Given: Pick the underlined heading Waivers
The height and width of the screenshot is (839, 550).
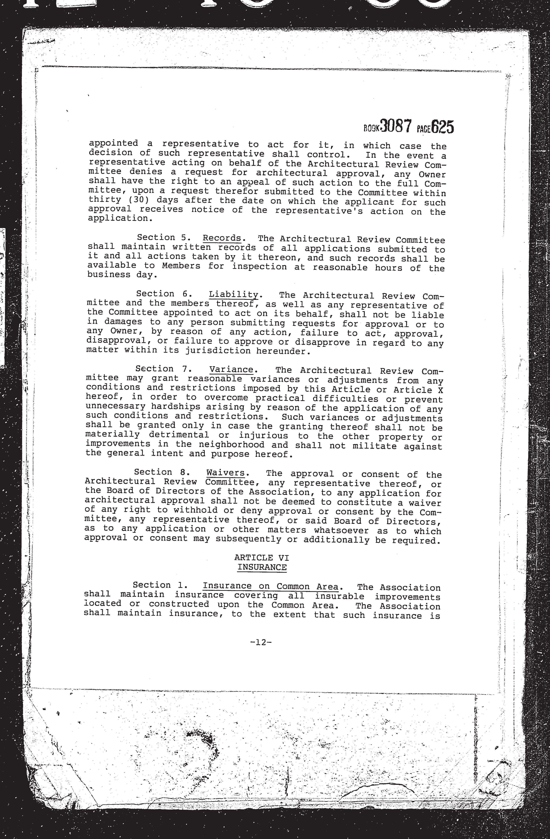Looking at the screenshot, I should click(x=225, y=473).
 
